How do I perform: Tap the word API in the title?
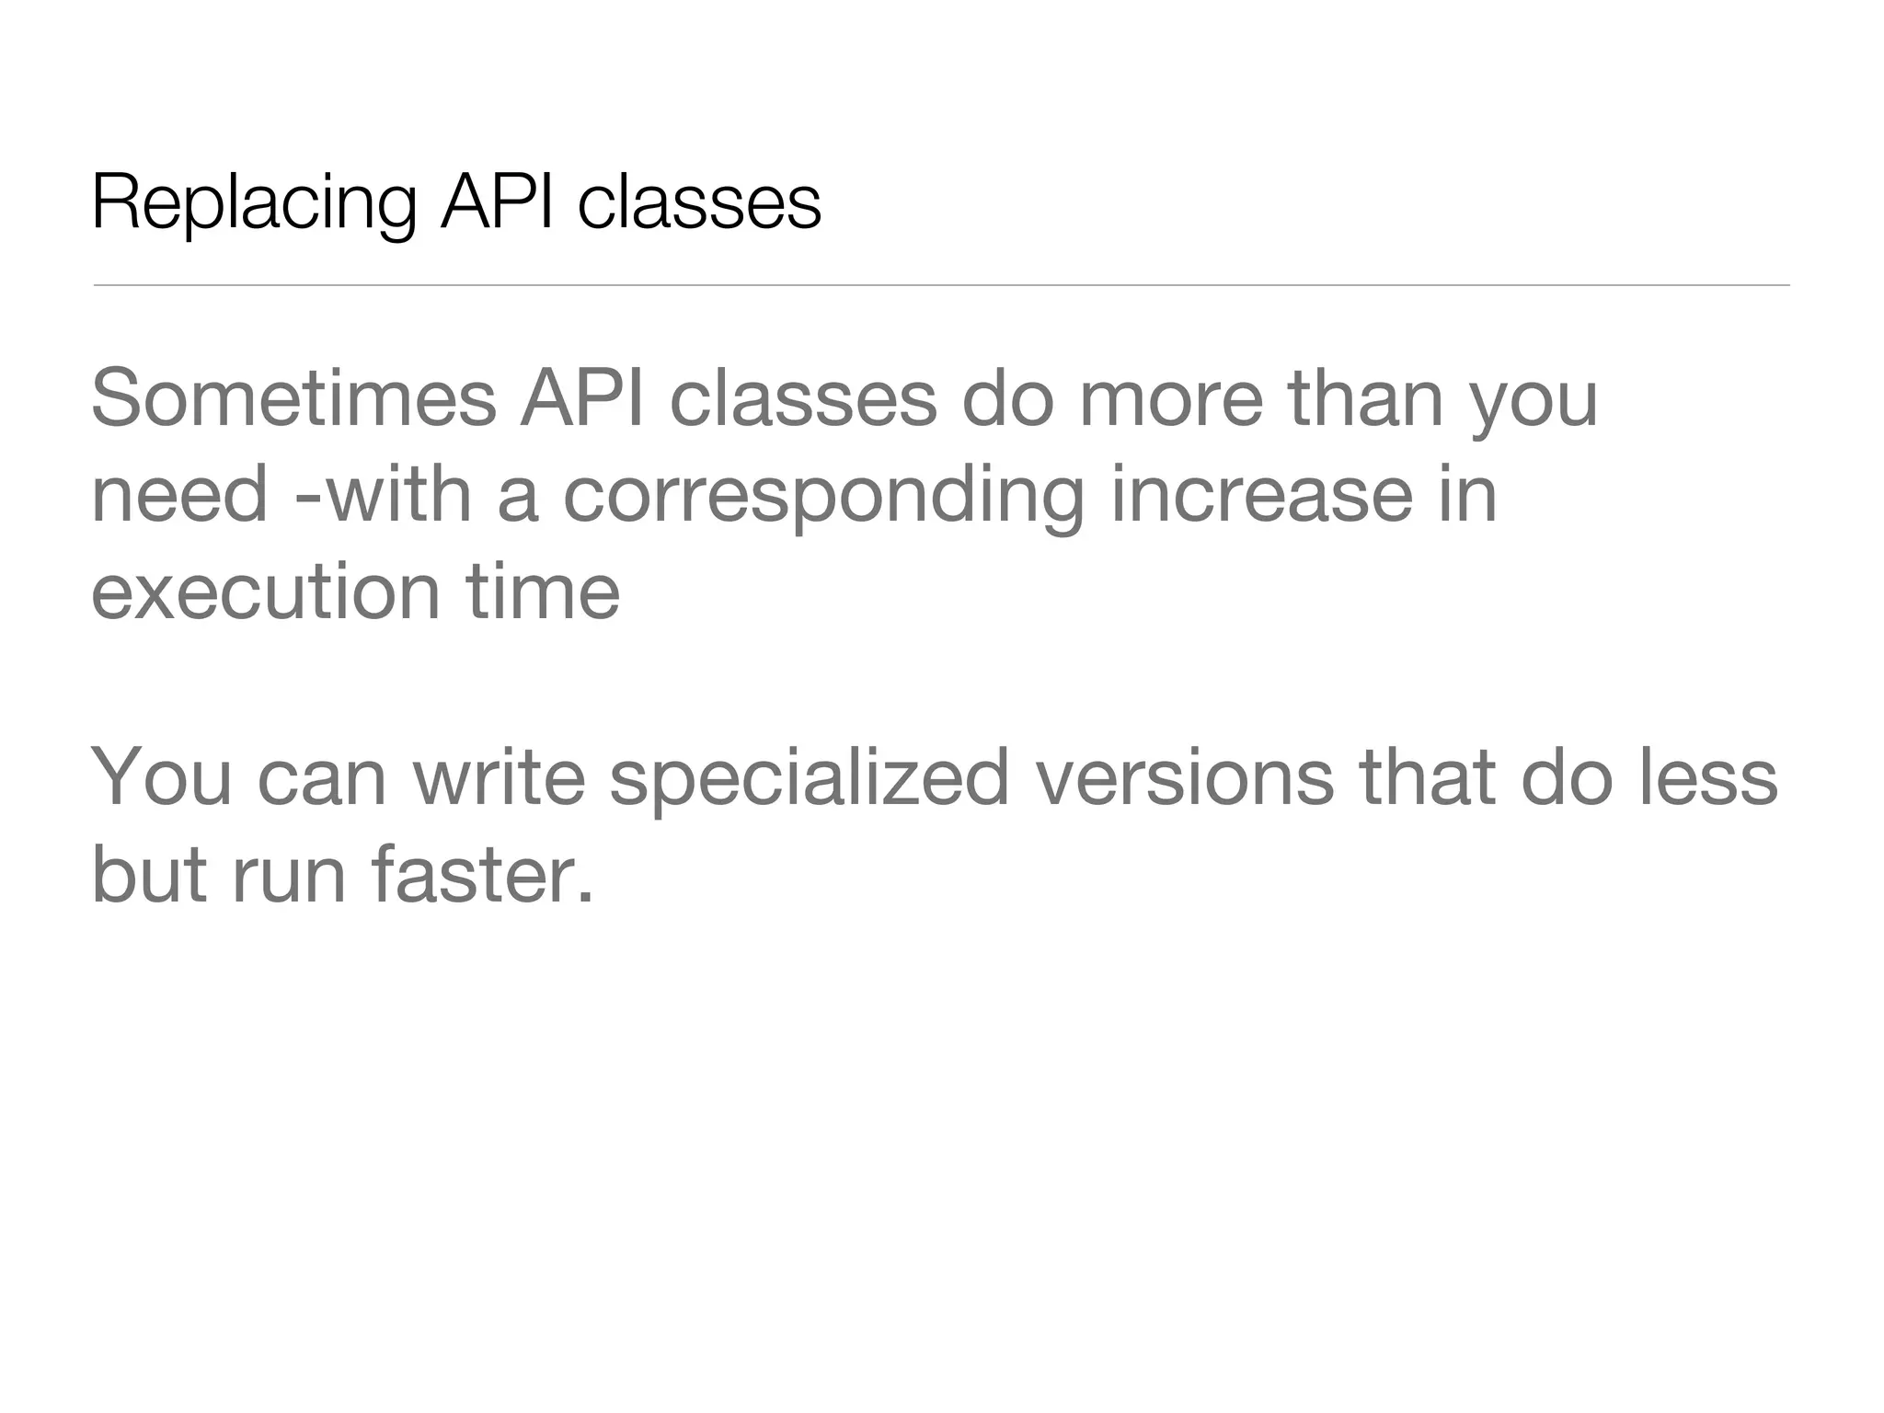pos(498,202)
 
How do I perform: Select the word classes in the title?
pos(699,202)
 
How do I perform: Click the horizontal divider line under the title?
pos(941,285)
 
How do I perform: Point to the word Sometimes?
pos(293,398)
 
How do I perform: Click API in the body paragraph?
pos(582,398)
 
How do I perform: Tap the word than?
pos(1366,398)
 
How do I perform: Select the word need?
pos(180,494)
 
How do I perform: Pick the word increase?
pos(1261,494)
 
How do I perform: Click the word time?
pos(543,591)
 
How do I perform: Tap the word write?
pos(499,778)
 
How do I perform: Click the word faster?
pos(481,874)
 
